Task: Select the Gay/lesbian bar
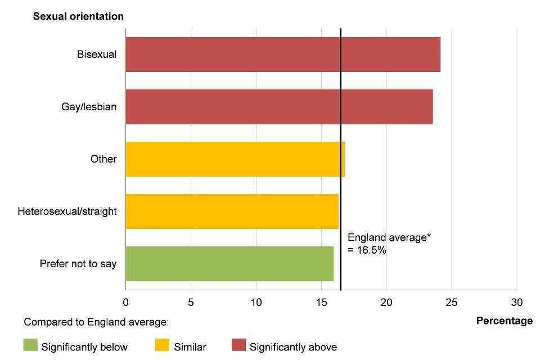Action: pyautogui.click(x=279, y=107)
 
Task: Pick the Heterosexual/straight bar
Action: pyautogui.click(x=232, y=211)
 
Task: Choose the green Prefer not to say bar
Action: pyautogui.click(x=229, y=264)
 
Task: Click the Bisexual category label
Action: pyautogui.click(x=97, y=55)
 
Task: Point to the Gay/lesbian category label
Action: pyautogui.click(x=89, y=107)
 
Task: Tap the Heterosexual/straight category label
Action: pyautogui.click(x=67, y=211)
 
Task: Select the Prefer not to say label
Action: pyautogui.click(x=78, y=264)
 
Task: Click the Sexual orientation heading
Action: pyautogui.click(x=78, y=16)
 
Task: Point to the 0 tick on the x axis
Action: pyautogui.click(x=125, y=302)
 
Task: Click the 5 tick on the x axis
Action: pyautogui.click(x=191, y=302)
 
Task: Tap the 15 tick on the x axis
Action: pyautogui.click(x=321, y=302)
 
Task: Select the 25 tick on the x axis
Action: pyautogui.click(x=451, y=302)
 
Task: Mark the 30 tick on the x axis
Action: pyautogui.click(x=516, y=302)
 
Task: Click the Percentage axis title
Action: pyautogui.click(x=504, y=321)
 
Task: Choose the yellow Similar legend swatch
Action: pyautogui.click(x=161, y=345)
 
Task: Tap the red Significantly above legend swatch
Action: pyautogui.click(x=238, y=345)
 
